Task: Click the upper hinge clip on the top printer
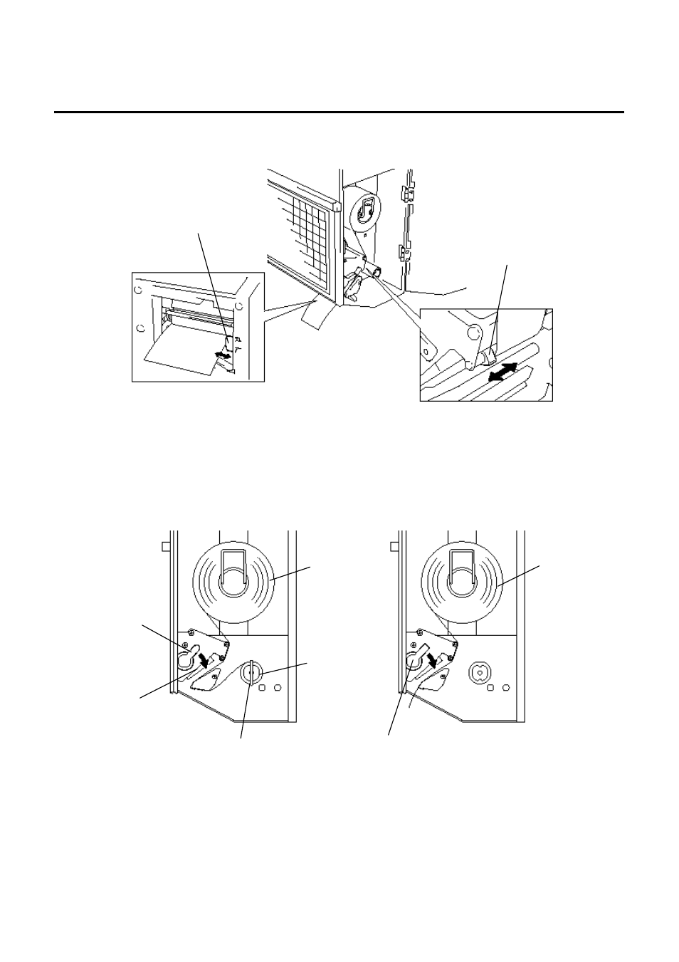406,192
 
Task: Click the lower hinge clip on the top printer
404,251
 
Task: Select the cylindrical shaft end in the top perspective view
376,271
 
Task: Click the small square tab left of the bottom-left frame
165,546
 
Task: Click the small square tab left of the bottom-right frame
394,546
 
